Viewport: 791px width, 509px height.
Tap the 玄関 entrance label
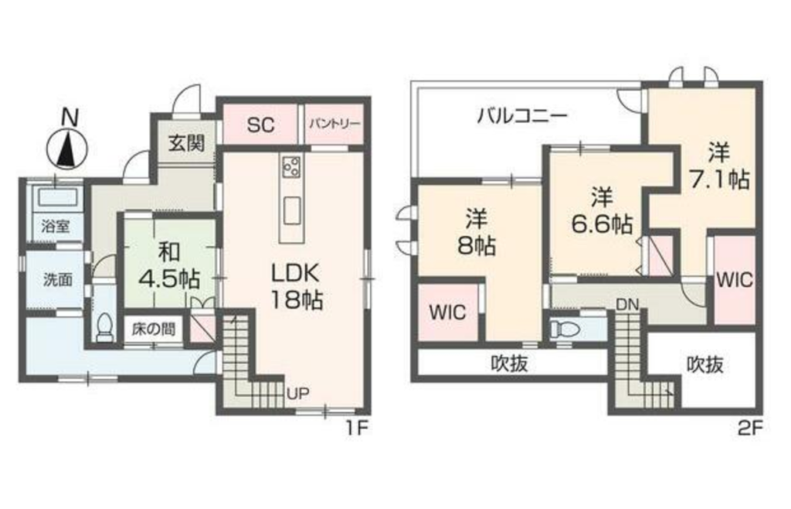186,143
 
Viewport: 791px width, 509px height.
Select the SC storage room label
260,125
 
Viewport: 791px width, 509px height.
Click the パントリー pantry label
334,125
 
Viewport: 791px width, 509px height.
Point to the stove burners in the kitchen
291,166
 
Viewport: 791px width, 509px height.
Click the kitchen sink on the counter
291,211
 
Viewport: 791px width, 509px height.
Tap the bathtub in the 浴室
56,198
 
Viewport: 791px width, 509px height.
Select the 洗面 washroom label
57,279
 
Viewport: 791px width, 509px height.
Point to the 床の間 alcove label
154,330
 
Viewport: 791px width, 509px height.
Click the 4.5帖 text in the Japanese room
169,278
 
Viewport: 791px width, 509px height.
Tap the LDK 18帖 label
296,286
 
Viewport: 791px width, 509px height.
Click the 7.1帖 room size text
719,179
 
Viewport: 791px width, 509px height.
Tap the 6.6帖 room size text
602,224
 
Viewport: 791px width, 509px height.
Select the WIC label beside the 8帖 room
447,312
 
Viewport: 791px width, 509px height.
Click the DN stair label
627,304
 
